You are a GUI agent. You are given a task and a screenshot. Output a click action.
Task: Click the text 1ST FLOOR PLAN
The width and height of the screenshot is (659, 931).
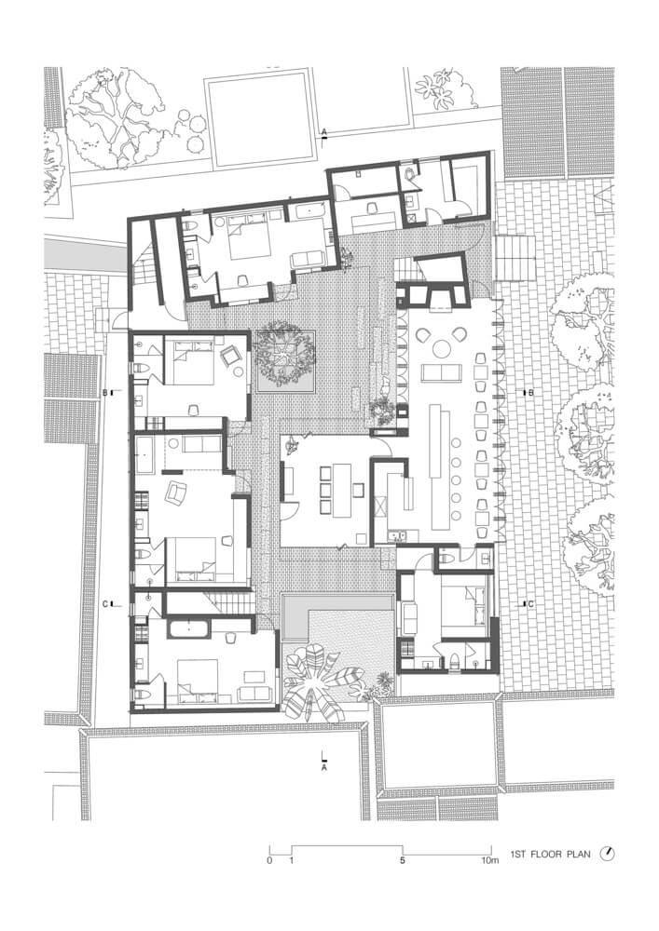coord(550,854)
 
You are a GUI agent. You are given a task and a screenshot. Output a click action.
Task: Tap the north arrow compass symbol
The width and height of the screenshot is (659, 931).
coord(608,853)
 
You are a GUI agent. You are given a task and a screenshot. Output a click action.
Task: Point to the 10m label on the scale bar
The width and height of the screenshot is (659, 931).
coord(490,860)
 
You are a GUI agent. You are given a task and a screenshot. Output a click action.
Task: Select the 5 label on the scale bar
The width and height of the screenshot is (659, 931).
coord(403,860)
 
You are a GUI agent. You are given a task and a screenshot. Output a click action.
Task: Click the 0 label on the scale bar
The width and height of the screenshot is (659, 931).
coord(269,860)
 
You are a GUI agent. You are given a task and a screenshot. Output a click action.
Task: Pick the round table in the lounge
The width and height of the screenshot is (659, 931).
coord(441,348)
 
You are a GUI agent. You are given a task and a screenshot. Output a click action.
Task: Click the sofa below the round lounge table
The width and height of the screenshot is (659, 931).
coord(441,373)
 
